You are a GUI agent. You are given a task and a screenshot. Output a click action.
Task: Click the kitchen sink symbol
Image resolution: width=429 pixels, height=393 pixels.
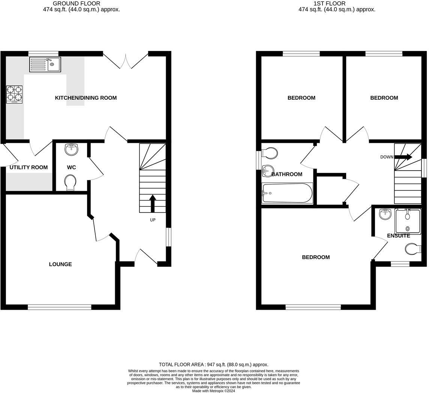tap(45, 64)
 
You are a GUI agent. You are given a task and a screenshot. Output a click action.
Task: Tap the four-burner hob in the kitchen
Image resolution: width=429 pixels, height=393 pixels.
tap(14, 94)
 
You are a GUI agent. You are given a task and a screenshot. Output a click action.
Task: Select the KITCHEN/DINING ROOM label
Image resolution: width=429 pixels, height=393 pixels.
tap(86, 98)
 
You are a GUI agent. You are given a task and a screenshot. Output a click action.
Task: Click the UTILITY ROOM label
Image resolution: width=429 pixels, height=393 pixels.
tap(28, 167)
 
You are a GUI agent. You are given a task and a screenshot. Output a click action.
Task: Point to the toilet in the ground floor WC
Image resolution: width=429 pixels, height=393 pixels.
tap(70, 183)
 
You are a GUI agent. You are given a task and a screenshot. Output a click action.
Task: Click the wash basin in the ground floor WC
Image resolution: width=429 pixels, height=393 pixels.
tap(71, 149)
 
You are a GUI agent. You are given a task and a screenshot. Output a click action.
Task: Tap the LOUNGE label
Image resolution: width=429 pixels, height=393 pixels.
tap(60, 264)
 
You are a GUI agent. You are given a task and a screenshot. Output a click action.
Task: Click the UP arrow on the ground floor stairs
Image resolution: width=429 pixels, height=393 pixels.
tap(153, 203)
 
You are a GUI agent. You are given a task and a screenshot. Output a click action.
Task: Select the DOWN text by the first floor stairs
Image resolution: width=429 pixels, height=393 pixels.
tap(387, 157)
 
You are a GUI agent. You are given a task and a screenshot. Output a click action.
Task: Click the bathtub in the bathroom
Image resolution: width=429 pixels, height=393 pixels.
tap(287, 193)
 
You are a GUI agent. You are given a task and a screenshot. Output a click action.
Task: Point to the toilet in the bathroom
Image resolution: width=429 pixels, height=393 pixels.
tap(270, 153)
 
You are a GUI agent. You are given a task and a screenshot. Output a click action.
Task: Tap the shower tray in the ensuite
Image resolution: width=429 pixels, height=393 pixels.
tap(408, 221)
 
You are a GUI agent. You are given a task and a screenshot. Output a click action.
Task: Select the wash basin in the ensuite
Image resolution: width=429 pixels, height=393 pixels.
tap(385, 214)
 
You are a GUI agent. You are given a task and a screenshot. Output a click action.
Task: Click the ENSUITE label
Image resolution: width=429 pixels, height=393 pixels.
tap(398, 236)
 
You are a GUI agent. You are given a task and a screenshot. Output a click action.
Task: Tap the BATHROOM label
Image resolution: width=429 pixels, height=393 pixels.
tap(287, 174)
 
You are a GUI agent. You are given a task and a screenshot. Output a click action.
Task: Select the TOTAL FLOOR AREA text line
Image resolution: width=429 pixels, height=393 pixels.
tap(213, 364)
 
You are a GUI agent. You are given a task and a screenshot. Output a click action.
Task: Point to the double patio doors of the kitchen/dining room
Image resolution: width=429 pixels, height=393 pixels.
tap(126, 60)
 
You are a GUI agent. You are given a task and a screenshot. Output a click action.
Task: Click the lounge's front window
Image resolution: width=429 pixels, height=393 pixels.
tap(60, 307)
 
